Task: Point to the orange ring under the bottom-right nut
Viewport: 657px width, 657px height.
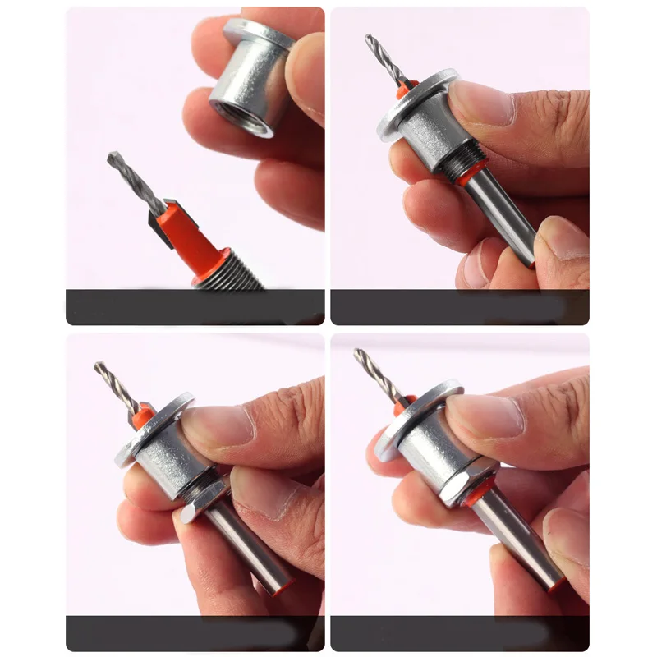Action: (475, 496)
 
